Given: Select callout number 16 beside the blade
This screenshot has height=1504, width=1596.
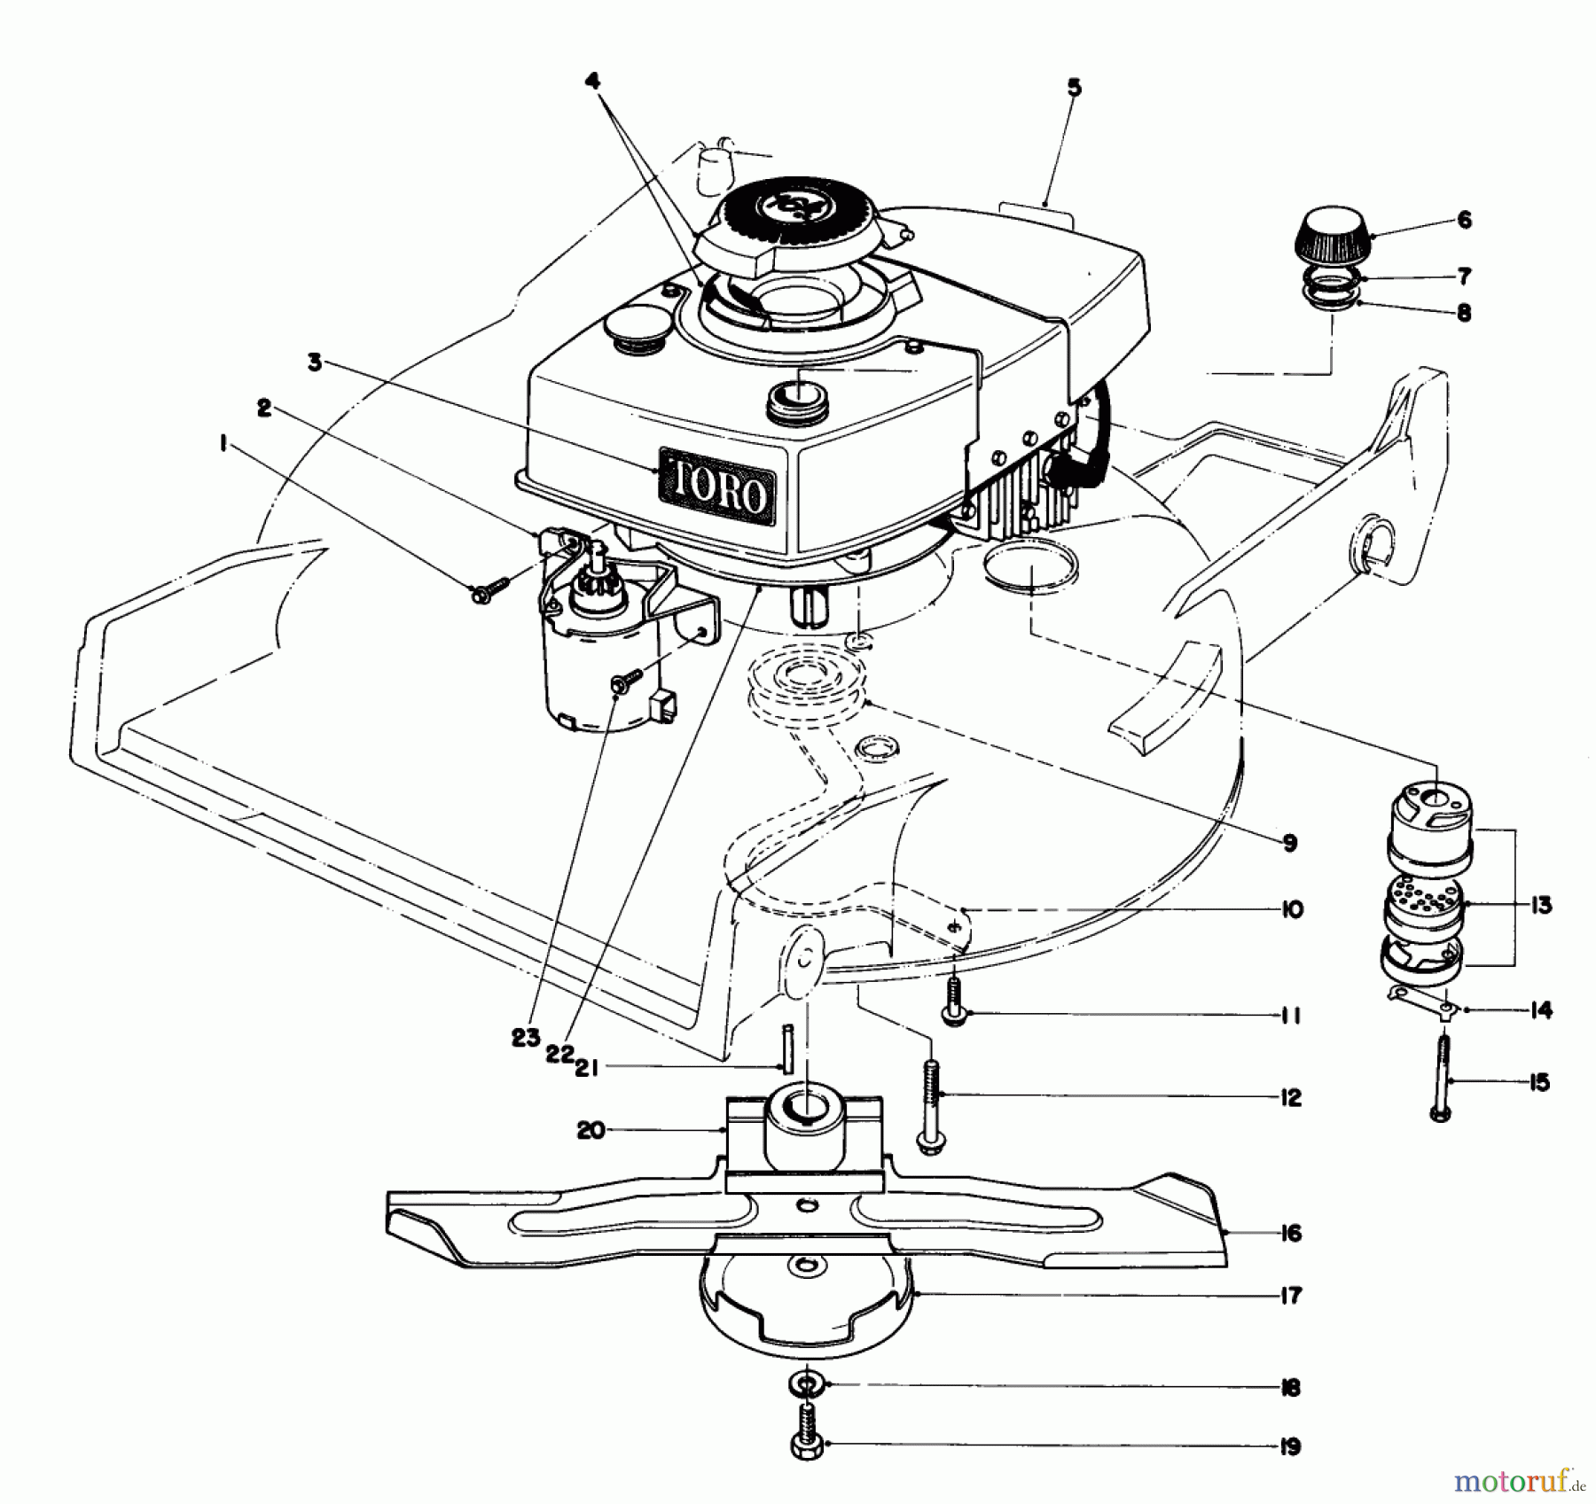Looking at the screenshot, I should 1291,1233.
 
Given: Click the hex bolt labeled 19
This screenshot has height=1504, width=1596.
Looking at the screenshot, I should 807,1447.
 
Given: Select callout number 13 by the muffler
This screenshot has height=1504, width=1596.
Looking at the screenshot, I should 1541,906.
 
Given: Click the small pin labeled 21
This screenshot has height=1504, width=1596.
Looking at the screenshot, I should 786,1048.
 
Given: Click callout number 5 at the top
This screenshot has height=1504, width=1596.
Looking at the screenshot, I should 1074,88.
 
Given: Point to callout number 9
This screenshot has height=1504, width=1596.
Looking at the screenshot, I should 1289,843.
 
